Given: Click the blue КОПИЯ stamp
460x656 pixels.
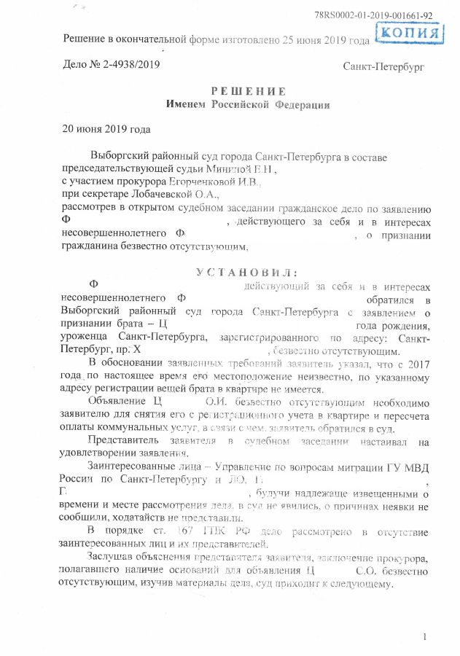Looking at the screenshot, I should (410, 34).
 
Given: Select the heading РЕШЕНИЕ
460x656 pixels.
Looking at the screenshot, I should (247, 91).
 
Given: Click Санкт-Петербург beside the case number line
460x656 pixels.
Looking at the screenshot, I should (383, 66).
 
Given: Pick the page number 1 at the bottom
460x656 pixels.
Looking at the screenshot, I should (424, 639).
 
